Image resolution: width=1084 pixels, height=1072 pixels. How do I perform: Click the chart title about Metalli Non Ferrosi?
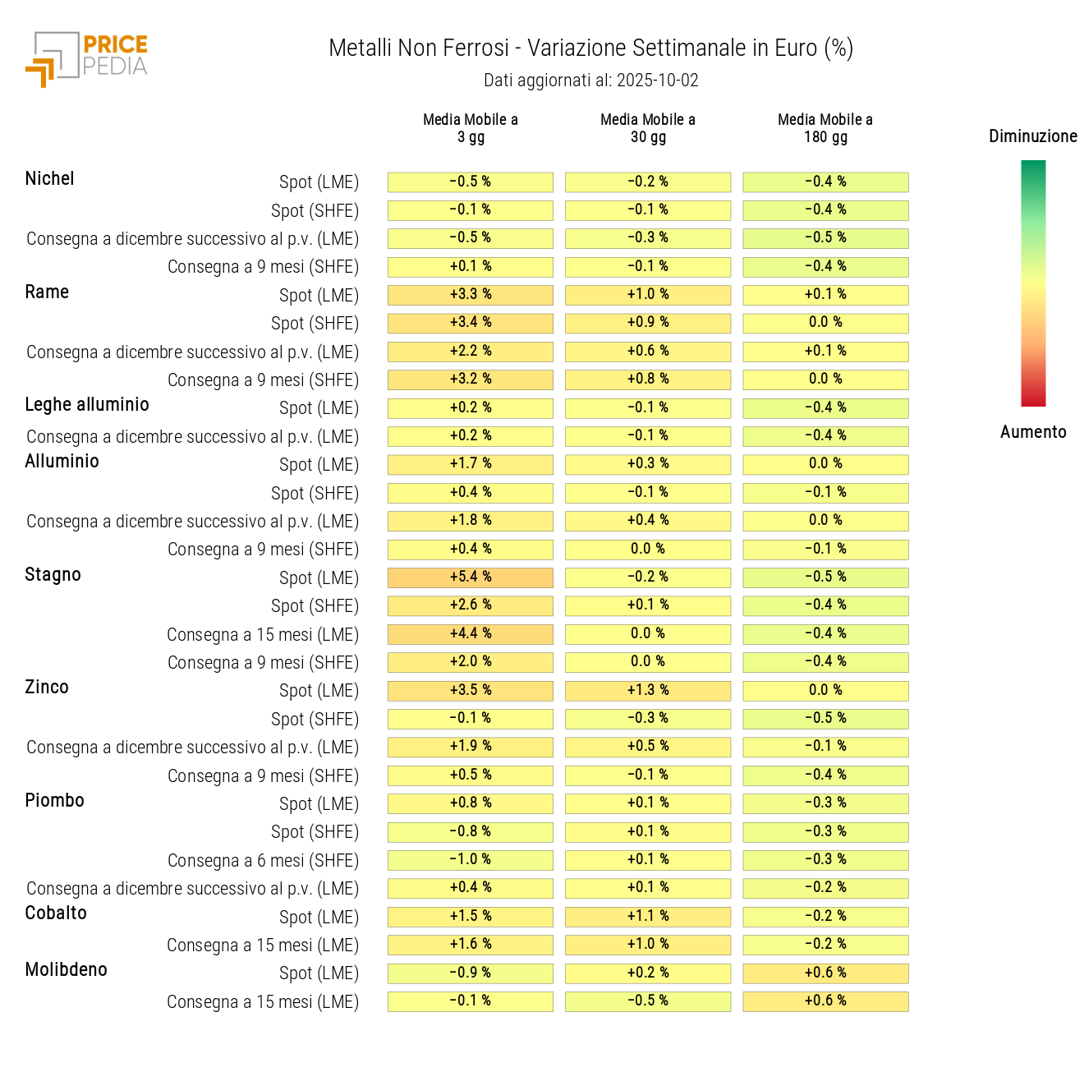tap(590, 48)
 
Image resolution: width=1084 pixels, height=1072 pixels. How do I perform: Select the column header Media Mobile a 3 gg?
tap(471, 128)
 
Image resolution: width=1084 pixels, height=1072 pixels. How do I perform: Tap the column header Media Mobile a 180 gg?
tap(825, 128)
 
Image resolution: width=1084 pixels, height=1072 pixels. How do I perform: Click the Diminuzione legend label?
tap(1032, 136)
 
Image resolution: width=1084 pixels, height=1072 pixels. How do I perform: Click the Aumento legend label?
tap(1032, 432)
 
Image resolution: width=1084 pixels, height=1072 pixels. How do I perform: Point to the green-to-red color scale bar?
tap(1033, 283)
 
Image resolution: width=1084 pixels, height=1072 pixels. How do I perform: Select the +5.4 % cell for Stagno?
tap(471, 577)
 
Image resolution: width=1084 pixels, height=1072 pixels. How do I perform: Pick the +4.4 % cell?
tap(471, 634)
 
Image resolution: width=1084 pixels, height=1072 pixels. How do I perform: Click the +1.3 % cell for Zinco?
tap(648, 691)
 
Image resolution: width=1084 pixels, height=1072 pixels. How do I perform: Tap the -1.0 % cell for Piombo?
tap(471, 860)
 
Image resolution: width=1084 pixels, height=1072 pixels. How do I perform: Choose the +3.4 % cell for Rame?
tap(471, 323)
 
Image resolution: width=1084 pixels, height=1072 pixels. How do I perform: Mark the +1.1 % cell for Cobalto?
tap(648, 917)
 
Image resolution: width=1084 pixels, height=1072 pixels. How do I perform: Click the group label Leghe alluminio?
tap(87, 405)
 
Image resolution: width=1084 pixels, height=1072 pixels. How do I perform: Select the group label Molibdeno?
tap(67, 970)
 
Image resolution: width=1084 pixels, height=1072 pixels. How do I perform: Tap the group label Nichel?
tap(49, 179)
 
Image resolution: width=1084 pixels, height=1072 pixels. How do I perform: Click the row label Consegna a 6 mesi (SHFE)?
tap(263, 861)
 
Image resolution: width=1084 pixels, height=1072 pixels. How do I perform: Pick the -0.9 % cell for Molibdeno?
tap(471, 973)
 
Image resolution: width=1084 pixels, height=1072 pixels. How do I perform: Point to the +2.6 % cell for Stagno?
tap(471, 605)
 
